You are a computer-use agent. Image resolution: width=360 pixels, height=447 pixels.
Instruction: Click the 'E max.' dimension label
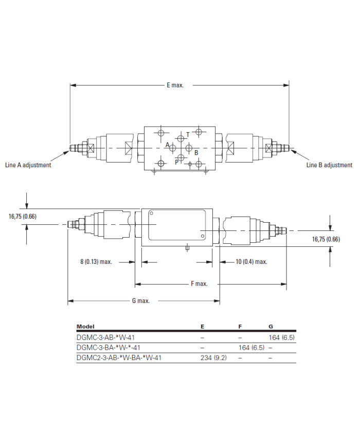tap(175, 85)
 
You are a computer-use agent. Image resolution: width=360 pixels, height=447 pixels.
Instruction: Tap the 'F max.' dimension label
tap(199, 283)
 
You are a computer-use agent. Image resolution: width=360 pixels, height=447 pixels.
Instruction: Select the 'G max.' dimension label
tap(141, 301)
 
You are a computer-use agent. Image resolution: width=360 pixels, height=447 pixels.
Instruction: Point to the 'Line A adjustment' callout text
tap(28, 165)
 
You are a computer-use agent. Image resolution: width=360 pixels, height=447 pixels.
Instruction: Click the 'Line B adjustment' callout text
tap(329, 165)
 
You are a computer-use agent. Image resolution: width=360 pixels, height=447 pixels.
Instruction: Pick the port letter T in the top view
tap(188, 135)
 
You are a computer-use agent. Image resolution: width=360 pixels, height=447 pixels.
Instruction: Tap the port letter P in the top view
tap(177, 162)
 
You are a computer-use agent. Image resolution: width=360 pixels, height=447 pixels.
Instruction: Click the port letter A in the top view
tap(168, 145)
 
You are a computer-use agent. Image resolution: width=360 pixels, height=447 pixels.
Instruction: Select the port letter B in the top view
tap(196, 153)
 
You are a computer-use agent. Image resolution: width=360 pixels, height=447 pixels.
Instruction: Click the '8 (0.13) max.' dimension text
tap(96, 262)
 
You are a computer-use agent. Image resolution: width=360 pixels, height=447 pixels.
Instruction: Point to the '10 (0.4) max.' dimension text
tap(251, 262)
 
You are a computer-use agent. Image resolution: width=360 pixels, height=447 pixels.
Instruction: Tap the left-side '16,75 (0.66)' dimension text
tap(23, 217)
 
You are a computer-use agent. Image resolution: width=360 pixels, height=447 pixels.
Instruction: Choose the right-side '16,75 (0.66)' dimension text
tap(326, 239)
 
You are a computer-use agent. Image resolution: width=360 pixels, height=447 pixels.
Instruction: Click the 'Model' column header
tap(85, 327)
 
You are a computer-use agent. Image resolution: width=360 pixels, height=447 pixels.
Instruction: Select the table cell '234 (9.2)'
tap(213, 357)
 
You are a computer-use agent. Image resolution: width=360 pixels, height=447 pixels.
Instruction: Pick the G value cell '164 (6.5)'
tap(282, 337)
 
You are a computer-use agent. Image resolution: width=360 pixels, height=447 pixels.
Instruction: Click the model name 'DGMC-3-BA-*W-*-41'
tap(109, 348)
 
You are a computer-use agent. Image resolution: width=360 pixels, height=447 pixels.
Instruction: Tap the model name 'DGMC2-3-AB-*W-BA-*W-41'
tap(119, 357)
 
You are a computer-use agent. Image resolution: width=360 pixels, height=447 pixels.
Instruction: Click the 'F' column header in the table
tap(240, 327)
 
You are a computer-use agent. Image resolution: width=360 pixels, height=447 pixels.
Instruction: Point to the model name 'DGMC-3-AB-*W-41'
tap(105, 337)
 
